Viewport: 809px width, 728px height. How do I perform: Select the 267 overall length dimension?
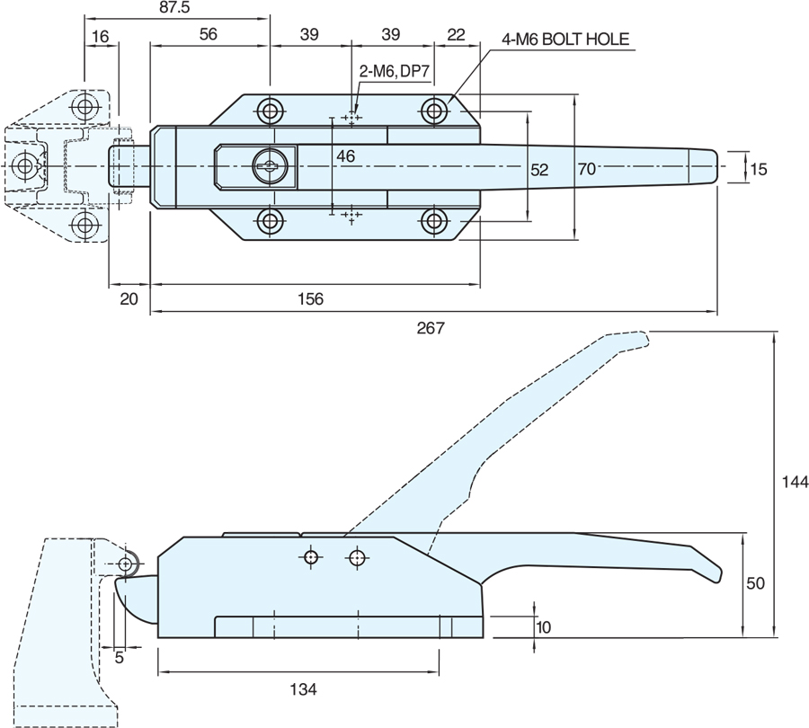point(431,329)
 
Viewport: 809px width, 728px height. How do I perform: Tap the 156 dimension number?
point(307,298)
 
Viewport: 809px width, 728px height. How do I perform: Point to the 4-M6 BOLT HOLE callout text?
point(565,40)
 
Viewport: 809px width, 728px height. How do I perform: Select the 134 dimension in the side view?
point(303,689)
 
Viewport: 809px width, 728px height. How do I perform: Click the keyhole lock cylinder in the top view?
point(268,164)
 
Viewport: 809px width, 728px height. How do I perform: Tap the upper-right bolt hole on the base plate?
point(435,111)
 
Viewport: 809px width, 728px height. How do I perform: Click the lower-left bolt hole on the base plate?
point(270,220)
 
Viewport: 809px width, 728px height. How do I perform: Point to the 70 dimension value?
point(587,167)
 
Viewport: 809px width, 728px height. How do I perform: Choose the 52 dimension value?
point(539,168)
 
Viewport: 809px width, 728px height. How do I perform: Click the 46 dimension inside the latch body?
point(345,156)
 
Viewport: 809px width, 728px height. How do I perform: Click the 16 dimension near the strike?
point(100,36)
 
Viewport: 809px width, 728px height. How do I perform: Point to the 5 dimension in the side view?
point(119,657)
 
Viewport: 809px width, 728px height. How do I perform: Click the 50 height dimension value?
point(755,583)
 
